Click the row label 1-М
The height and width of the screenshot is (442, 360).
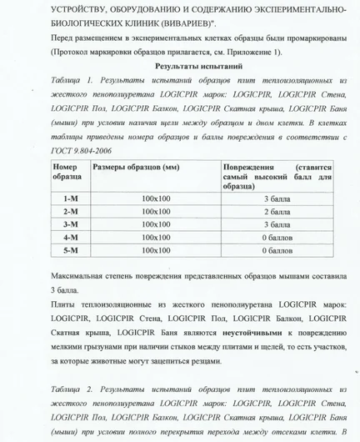click(x=70, y=198)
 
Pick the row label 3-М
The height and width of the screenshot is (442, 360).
click(x=70, y=224)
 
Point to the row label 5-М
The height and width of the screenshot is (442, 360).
click(x=70, y=249)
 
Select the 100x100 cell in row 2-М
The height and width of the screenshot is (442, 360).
click(x=155, y=212)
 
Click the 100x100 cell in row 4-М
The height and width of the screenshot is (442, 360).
click(x=155, y=237)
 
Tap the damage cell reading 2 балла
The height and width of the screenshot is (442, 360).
click(x=277, y=212)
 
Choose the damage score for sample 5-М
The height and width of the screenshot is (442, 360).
click(x=277, y=249)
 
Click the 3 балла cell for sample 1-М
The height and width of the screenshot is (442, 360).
click(x=277, y=198)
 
